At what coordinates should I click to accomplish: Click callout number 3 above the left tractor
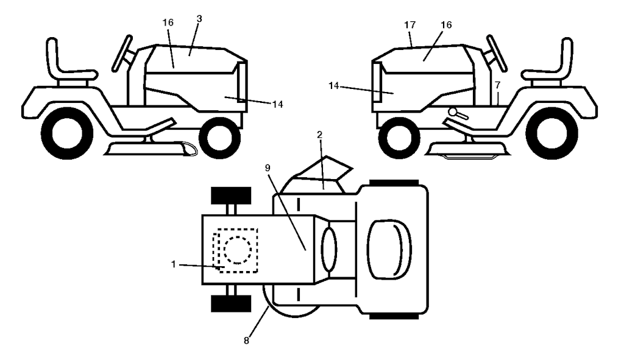coord(199,19)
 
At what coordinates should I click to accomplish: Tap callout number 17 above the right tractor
coord(410,25)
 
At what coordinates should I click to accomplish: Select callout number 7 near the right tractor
coord(497,85)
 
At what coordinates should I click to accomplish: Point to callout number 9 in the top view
coord(268,168)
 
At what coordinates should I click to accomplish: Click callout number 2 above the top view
coord(319,135)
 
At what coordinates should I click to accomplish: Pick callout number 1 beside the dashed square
coord(174,264)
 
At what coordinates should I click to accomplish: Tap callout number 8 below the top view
coord(246,341)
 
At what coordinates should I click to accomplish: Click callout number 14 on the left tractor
coord(278,104)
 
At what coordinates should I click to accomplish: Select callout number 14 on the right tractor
coord(335,85)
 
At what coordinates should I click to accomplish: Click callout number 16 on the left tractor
coord(168,23)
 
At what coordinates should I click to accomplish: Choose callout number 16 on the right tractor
coord(447,24)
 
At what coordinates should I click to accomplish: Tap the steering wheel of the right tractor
coord(496,54)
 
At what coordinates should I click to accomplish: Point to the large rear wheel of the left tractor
coord(67,133)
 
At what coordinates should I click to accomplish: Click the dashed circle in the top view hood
coord(238,250)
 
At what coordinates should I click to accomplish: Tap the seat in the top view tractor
coord(389,249)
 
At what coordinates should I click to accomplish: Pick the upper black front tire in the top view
coord(231,196)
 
